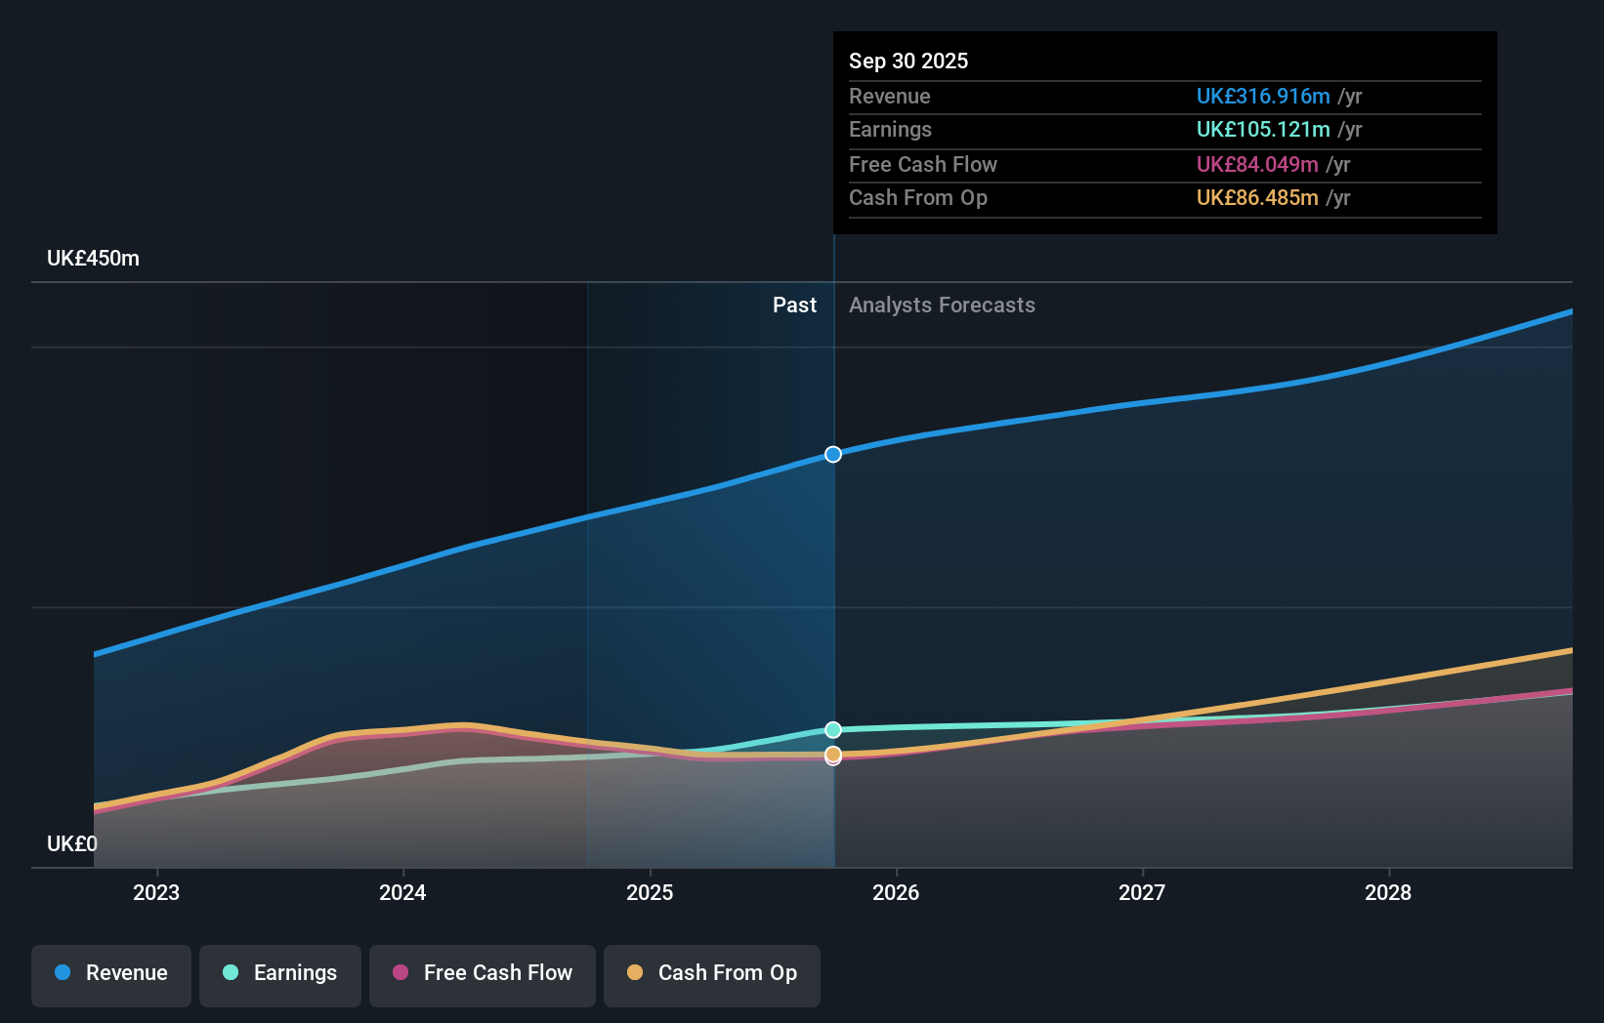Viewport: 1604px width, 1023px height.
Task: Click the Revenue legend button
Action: pyautogui.click(x=111, y=973)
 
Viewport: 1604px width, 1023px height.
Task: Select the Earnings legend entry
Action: pyautogui.click(x=280, y=973)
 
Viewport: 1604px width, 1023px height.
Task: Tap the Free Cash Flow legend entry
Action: pyautogui.click(x=483, y=973)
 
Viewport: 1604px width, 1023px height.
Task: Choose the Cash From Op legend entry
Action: pyautogui.click(x=712, y=973)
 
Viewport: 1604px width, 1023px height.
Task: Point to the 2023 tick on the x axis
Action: pyautogui.click(x=156, y=892)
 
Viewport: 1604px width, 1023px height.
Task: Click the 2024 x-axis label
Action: pyautogui.click(x=402, y=892)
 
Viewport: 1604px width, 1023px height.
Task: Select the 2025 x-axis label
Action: pyautogui.click(x=650, y=892)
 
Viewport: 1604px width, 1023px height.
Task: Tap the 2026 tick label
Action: pyautogui.click(x=896, y=892)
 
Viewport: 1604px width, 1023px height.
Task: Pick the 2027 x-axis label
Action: pyautogui.click(x=1142, y=892)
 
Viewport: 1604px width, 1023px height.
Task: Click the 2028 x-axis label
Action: pyautogui.click(x=1388, y=892)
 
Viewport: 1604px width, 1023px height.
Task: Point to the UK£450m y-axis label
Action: pyautogui.click(x=93, y=259)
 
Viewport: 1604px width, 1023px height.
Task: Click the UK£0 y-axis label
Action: pyautogui.click(x=72, y=843)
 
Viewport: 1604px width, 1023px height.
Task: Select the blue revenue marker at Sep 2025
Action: pyautogui.click(x=833, y=454)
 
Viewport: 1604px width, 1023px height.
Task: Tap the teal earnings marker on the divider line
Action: pyautogui.click(x=833, y=729)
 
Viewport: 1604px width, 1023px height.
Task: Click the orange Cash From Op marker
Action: pyautogui.click(x=833, y=754)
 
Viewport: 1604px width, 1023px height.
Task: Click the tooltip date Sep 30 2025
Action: pyautogui.click(x=908, y=61)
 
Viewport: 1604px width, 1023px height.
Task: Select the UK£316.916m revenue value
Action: pyautogui.click(x=1262, y=96)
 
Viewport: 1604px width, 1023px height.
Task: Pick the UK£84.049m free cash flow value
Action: pyautogui.click(x=1256, y=164)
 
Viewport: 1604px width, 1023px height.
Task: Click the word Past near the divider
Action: pyautogui.click(x=794, y=305)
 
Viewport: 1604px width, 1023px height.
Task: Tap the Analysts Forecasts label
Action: pyautogui.click(x=942, y=305)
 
